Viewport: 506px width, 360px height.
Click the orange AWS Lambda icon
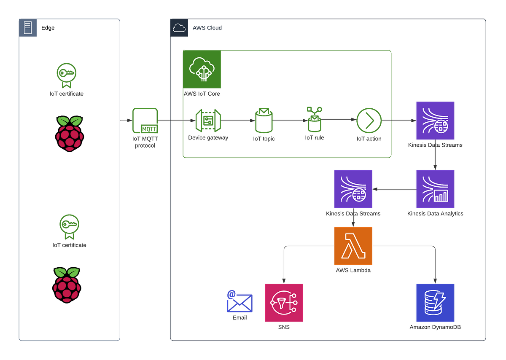(353, 246)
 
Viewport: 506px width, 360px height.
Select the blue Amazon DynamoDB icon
(435, 303)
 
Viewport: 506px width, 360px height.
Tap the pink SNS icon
(284, 303)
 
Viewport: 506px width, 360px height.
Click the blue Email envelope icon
(239, 302)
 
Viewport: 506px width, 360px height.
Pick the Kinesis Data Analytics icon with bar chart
(435, 189)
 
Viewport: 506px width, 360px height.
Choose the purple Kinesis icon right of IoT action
(435, 121)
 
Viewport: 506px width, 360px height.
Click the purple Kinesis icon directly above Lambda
(353, 189)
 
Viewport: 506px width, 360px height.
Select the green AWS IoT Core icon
(202, 69)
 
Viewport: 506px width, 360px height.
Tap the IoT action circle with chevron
(369, 121)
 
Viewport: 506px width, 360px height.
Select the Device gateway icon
(207, 121)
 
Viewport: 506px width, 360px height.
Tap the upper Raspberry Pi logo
(70, 134)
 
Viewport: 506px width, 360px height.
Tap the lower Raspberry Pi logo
(67, 285)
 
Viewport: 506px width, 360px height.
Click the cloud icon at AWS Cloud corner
(179, 28)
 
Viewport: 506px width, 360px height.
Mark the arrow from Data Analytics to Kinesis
(394, 189)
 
